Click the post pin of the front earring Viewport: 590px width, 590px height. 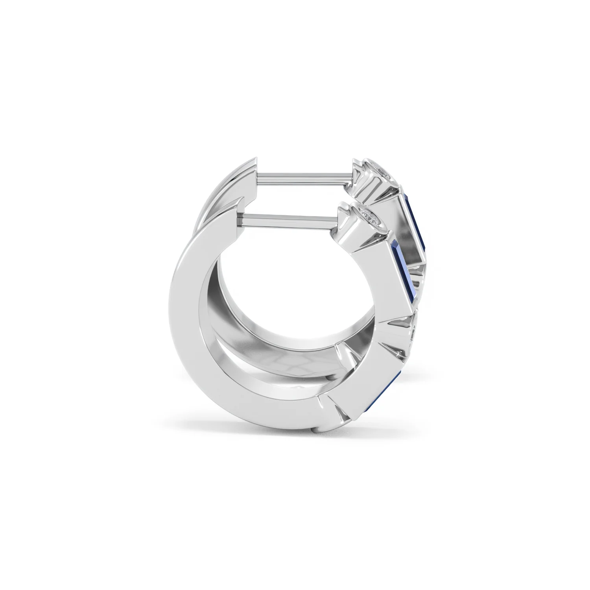289,219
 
